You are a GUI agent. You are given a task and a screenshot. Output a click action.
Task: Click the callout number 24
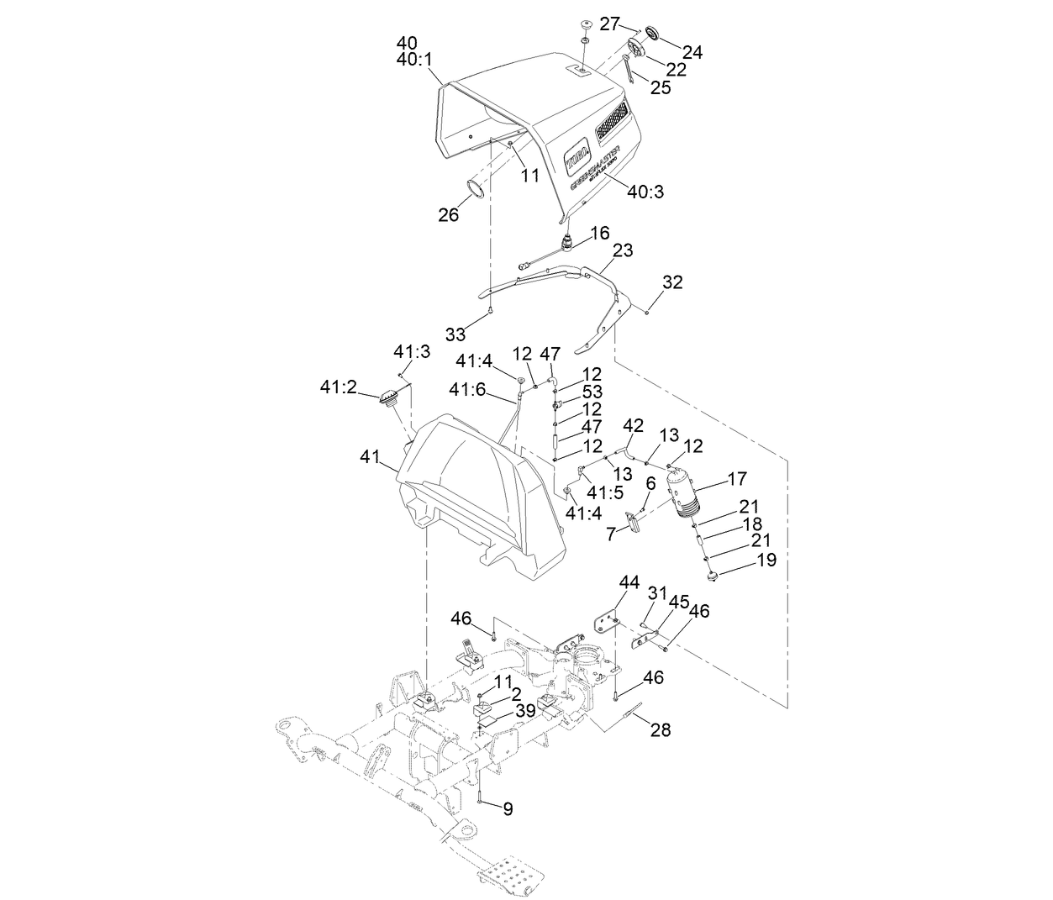tap(692, 52)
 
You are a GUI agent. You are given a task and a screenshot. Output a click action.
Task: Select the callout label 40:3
tap(645, 192)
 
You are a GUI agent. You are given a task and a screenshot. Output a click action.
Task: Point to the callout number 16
tap(599, 233)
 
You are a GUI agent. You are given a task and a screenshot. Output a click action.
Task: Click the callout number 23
tap(623, 250)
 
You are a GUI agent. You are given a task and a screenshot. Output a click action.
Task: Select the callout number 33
tap(455, 334)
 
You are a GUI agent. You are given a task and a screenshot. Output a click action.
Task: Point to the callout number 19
tap(766, 560)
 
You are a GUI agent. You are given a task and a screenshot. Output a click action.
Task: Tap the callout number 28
tap(661, 729)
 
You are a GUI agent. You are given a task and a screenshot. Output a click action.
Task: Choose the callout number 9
tap(508, 808)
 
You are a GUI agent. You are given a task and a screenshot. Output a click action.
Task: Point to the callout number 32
tap(673, 282)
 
